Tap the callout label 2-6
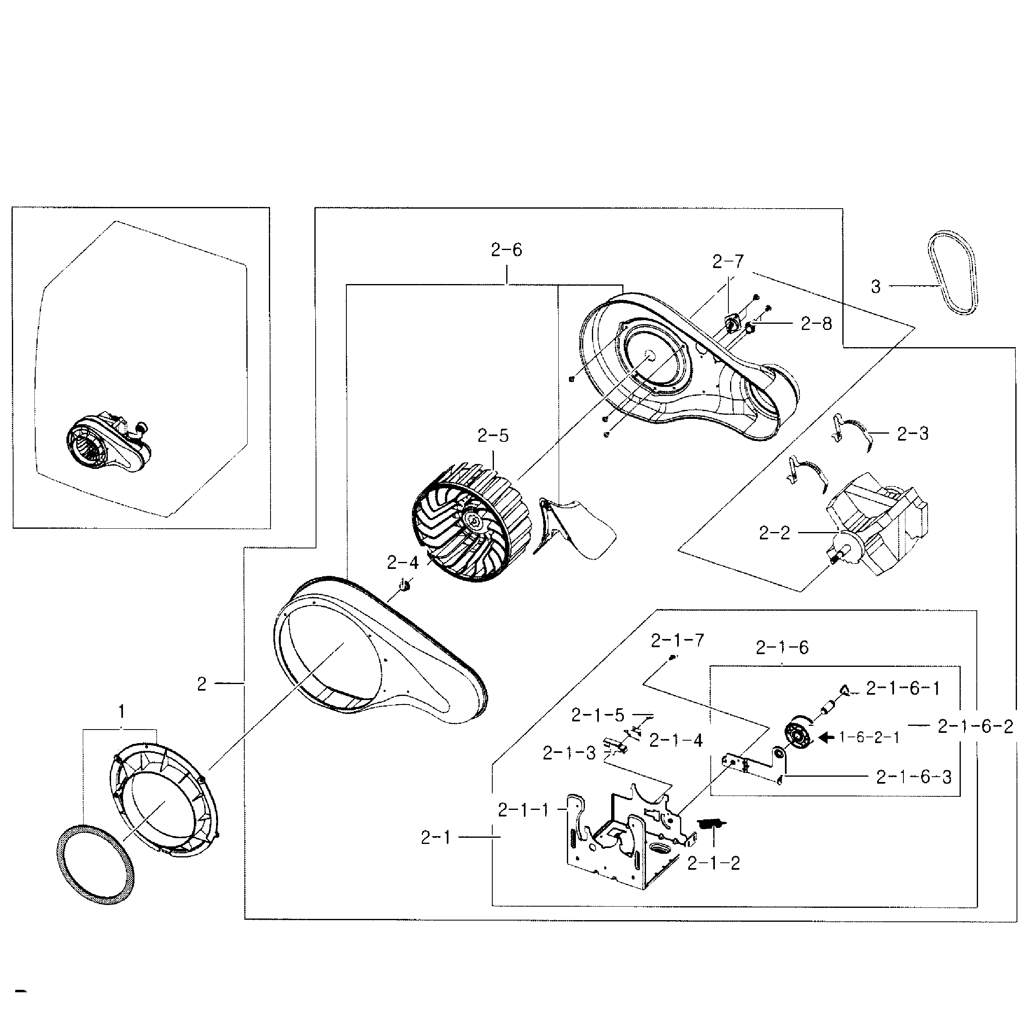506,250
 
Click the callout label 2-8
816,323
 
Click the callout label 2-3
912,434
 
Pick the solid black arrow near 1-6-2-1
826,737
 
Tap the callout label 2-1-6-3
914,777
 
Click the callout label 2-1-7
677,640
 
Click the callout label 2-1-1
523,810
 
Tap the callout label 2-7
728,261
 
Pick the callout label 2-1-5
597,715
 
